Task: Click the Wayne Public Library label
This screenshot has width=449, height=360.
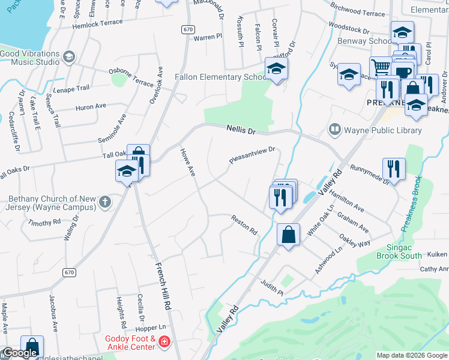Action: (383, 130)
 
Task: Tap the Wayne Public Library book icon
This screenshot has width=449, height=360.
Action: (334, 130)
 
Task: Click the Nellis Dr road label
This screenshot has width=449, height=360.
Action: (241, 128)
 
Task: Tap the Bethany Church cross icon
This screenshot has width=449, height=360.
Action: (105, 202)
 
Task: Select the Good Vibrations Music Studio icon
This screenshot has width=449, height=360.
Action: (69, 56)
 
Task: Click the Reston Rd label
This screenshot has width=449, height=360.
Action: (244, 226)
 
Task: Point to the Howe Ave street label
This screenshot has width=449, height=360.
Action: (188, 163)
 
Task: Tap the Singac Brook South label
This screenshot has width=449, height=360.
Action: (399, 251)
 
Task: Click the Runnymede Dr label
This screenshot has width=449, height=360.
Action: (370, 173)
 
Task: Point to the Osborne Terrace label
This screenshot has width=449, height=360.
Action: (131, 77)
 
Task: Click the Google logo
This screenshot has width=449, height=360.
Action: (20, 353)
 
